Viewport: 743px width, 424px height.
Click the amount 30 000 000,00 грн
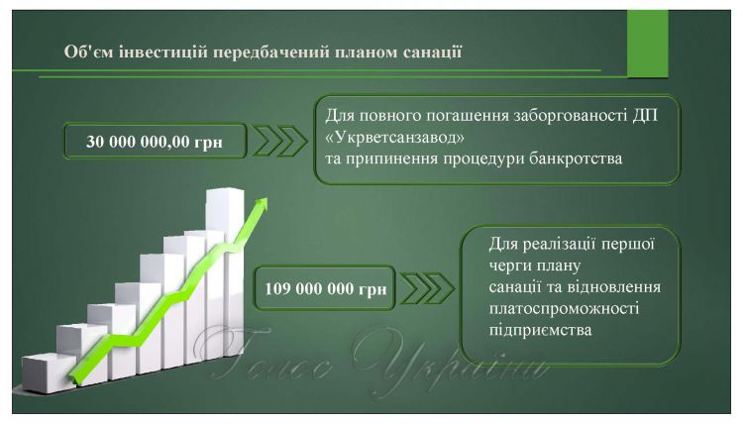[154, 142]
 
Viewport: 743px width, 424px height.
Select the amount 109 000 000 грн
[325, 288]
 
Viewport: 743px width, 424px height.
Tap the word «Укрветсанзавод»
[394, 137]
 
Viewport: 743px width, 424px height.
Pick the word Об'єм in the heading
[88, 52]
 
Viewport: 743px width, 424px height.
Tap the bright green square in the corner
[647, 44]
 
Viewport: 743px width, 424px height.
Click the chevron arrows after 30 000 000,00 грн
[279, 141]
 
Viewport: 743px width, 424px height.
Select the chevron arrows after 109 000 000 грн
[427, 288]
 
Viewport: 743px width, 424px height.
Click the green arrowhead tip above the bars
[265, 199]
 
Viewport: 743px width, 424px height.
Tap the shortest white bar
[48, 373]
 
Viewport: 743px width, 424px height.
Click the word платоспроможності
[564, 309]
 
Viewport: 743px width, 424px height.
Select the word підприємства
[540, 330]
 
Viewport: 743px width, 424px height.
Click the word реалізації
[561, 245]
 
